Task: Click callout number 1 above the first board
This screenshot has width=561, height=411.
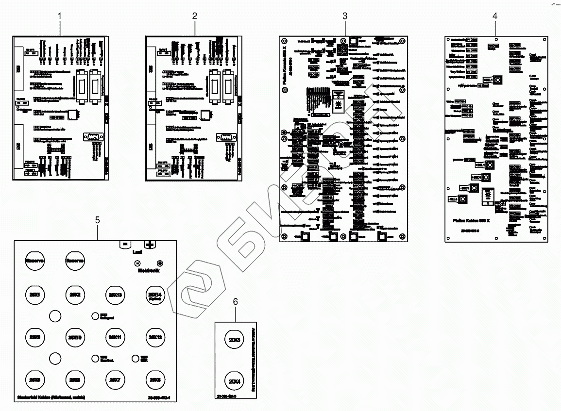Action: tap(60, 16)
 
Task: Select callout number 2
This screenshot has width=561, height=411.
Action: tap(195, 16)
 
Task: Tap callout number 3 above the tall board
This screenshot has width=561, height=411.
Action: tap(345, 16)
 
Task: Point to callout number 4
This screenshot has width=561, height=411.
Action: tap(495, 16)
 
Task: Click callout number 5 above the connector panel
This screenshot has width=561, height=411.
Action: tap(98, 220)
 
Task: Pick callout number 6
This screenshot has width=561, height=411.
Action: tap(236, 301)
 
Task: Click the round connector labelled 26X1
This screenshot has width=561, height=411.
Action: tap(34, 295)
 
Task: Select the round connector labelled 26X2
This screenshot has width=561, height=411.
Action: tap(74, 295)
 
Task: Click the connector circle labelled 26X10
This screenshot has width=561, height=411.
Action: tap(74, 337)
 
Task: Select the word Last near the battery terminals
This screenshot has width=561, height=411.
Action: tap(137, 252)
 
